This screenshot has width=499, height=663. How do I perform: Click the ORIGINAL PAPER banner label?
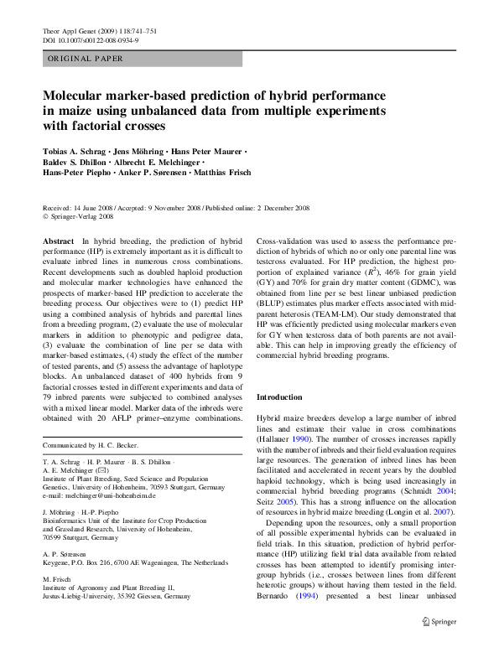coord(86,60)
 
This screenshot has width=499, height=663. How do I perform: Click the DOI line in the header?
coord(91,39)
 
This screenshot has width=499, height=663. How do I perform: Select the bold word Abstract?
coord(58,241)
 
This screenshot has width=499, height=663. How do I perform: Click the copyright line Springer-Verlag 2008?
coord(83,215)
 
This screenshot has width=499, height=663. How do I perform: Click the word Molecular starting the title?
coord(77,96)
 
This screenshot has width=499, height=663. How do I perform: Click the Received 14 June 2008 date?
coord(77,207)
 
